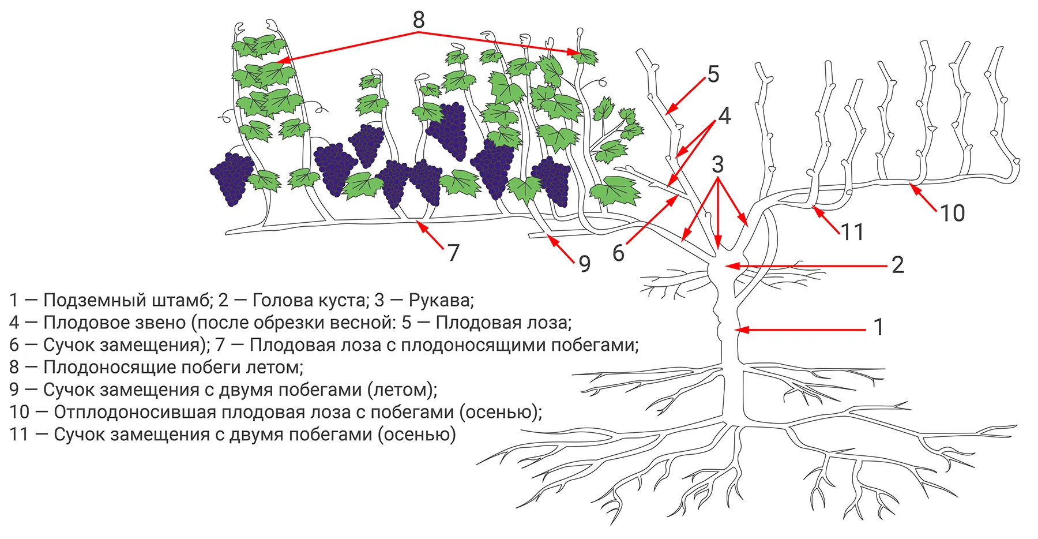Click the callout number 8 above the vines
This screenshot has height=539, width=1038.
click(x=419, y=20)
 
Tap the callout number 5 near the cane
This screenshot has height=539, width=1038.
click(x=713, y=74)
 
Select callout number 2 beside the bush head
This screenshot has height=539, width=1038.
click(x=897, y=265)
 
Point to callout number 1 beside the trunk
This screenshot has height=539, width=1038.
click(x=878, y=327)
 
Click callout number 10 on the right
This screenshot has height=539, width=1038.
click(x=952, y=214)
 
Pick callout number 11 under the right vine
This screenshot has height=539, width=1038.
click(x=852, y=232)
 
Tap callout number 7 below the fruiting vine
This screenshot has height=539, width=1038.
click(x=453, y=253)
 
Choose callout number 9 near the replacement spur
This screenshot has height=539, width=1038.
click(x=585, y=264)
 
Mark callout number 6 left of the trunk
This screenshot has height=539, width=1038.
click(x=618, y=253)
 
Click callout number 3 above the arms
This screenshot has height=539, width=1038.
click(x=717, y=164)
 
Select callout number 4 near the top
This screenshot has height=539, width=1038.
click(x=724, y=116)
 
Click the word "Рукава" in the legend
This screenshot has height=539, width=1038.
click(x=441, y=300)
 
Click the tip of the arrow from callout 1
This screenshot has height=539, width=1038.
click(x=736, y=330)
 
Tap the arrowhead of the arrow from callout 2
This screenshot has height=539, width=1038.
click(x=727, y=266)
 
